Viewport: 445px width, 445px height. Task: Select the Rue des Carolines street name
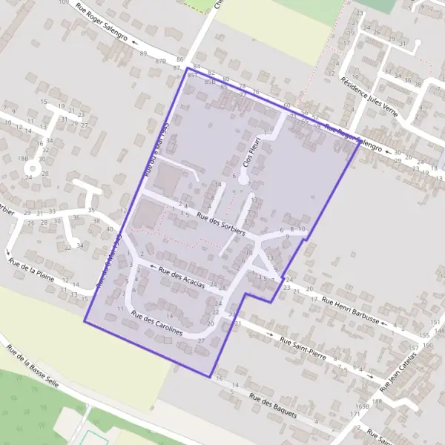coord(156,324)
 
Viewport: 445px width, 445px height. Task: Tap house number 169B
coord(362,406)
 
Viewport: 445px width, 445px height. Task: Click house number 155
coord(423,336)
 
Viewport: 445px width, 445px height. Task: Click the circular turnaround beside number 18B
coord(31,169)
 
